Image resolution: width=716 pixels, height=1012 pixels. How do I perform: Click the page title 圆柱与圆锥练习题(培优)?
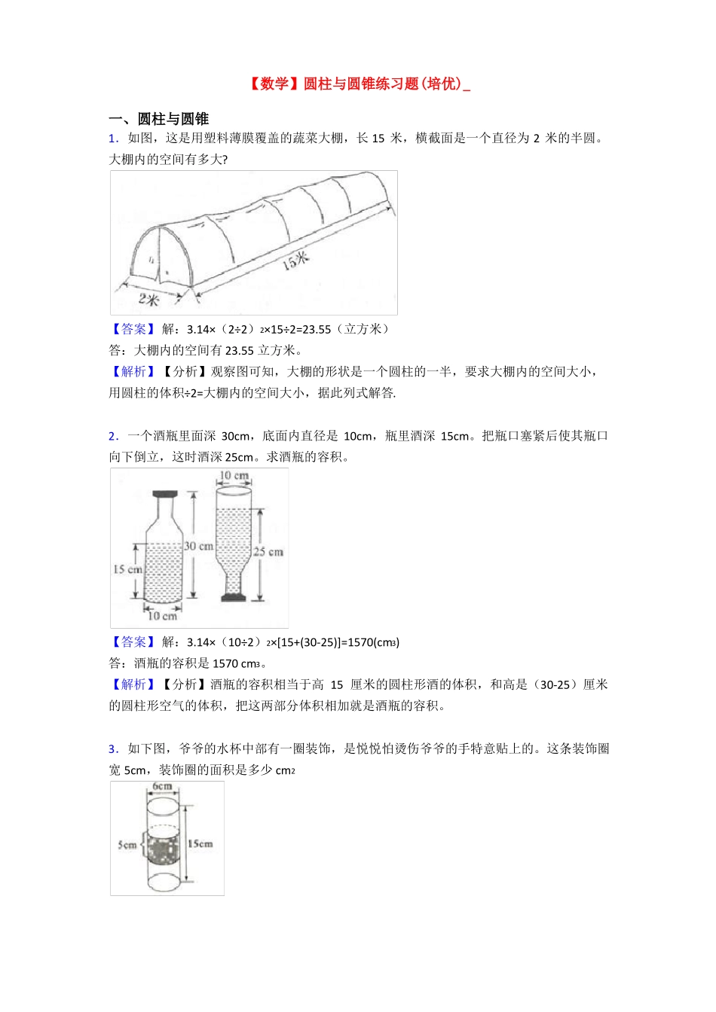357,84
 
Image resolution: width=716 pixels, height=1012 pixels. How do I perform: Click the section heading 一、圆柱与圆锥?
159,118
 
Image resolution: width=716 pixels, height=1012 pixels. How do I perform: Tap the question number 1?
113,138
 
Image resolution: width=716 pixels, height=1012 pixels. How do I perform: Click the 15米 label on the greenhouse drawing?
296,261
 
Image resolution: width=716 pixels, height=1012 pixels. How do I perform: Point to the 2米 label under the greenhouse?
148,299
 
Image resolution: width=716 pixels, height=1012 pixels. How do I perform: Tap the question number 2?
113,436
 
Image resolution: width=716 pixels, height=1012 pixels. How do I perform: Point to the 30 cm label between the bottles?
199,546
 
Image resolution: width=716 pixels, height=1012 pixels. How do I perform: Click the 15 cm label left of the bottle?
127,569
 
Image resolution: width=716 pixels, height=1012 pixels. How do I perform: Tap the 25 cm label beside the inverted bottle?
269,552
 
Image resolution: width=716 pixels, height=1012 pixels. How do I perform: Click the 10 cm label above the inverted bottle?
234,476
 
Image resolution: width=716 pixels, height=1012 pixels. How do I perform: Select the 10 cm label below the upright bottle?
162,616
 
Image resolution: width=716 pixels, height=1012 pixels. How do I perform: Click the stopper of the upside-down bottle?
234,597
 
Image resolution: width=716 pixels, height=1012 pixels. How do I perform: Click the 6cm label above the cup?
162,787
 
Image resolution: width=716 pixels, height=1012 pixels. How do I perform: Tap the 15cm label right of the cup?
200,844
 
